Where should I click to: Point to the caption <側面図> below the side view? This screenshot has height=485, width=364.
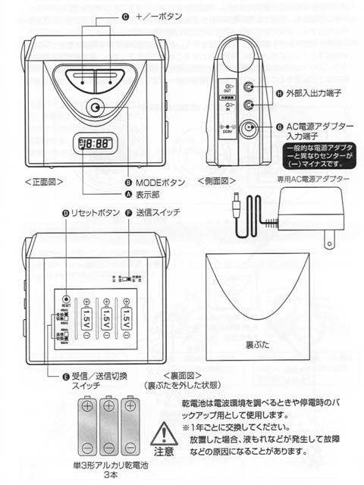pyautogui.click(x=215, y=182)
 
